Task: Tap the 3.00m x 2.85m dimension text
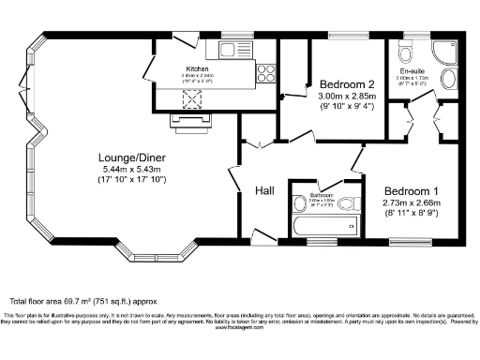346,96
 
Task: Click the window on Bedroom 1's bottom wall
409,243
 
